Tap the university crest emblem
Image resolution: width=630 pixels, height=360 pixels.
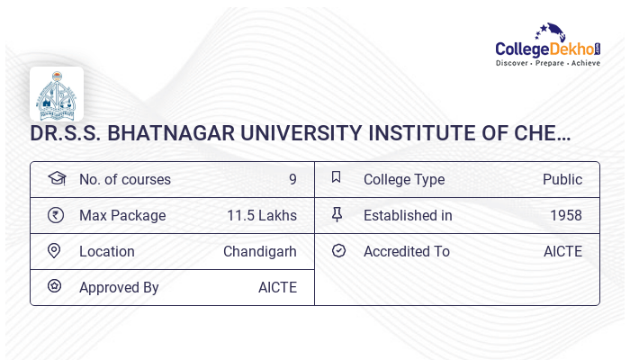[56, 94]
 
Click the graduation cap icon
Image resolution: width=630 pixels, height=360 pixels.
[56, 178]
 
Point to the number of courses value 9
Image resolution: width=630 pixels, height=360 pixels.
[292, 179]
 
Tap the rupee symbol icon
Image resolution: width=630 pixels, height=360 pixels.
[56, 215]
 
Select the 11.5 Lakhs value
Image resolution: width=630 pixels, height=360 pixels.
[262, 215]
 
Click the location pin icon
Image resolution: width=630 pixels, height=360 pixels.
[55, 251]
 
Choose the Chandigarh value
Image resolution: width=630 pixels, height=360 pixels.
[260, 251]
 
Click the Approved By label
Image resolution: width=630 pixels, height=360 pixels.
[119, 287]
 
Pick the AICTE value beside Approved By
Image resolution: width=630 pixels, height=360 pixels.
[277, 287]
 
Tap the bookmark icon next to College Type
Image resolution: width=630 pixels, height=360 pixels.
[337, 178]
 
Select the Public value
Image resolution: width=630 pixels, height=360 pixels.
[562, 179]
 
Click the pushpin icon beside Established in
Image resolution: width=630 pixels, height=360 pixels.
[337, 215]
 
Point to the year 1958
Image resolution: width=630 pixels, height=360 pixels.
[566, 215]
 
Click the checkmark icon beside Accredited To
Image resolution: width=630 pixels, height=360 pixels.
[338, 251]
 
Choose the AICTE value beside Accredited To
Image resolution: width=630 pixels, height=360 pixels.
[562, 251]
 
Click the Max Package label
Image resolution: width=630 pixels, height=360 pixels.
[122, 215]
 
